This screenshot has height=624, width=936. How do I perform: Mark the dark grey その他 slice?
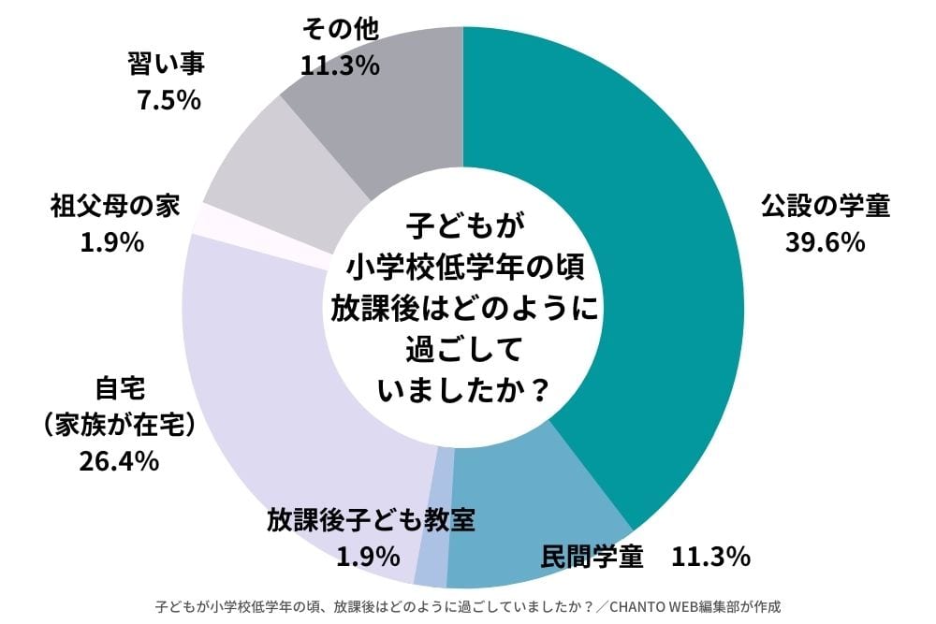(393, 103)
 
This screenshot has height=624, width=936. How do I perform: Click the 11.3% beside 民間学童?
(710, 558)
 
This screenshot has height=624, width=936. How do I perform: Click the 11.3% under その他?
(340, 65)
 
